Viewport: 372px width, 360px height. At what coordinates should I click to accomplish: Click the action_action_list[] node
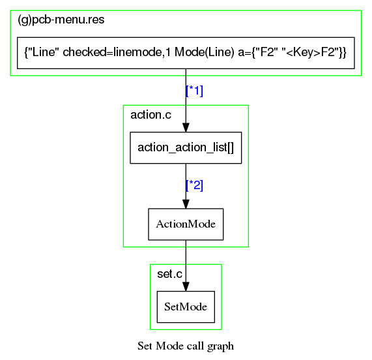(x=186, y=147)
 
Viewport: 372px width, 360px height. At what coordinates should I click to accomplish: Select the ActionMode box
(x=186, y=224)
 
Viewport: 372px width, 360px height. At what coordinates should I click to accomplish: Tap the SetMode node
(x=186, y=307)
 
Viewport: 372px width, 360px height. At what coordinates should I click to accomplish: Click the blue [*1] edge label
(x=195, y=91)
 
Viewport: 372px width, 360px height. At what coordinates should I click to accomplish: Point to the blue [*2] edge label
(x=195, y=185)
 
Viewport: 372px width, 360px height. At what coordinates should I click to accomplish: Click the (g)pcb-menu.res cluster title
(x=61, y=20)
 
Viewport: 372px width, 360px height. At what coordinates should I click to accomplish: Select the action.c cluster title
(x=150, y=115)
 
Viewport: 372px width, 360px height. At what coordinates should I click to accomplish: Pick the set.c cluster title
(x=169, y=274)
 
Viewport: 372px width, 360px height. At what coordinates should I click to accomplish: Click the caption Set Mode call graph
(x=186, y=346)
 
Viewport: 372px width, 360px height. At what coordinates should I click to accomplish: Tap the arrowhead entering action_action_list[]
(x=186, y=128)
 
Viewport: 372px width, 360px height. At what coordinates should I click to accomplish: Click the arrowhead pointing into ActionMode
(x=186, y=204)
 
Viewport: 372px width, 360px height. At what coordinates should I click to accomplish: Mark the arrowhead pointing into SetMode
(x=186, y=286)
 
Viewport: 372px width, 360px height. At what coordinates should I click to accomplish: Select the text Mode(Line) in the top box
(x=205, y=52)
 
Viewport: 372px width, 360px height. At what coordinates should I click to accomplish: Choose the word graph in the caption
(x=220, y=346)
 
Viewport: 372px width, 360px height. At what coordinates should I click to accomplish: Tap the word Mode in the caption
(x=170, y=346)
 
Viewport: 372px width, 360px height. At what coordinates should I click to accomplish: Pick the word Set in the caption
(x=145, y=346)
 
